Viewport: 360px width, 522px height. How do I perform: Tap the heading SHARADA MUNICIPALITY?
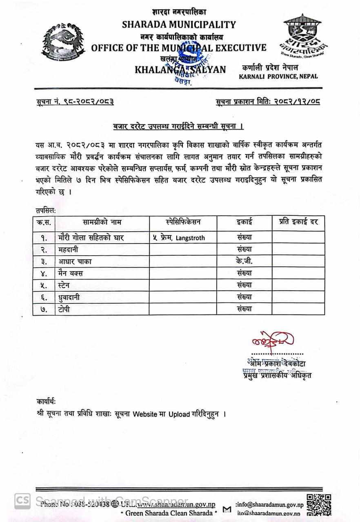point(179,24)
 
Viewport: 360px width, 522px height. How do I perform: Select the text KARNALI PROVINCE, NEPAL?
point(278,76)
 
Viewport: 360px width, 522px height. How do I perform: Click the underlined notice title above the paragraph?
point(178,127)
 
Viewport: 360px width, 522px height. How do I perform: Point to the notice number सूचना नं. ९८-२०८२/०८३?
point(75,102)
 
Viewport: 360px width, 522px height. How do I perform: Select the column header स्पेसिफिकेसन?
point(183,222)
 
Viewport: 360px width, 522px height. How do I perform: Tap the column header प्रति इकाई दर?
point(298,222)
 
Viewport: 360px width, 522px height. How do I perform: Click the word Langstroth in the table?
point(190,238)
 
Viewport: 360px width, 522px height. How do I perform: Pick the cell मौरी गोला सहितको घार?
point(91,237)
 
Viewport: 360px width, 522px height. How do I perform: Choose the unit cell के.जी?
point(244,261)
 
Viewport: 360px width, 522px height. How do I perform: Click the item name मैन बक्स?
point(70,273)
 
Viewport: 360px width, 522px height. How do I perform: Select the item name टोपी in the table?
point(64,309)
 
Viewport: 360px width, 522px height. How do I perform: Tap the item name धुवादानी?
point(69,297)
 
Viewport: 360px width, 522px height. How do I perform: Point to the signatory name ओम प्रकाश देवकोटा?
point(276,363)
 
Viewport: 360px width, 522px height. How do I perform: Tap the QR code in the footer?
point(319,504)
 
